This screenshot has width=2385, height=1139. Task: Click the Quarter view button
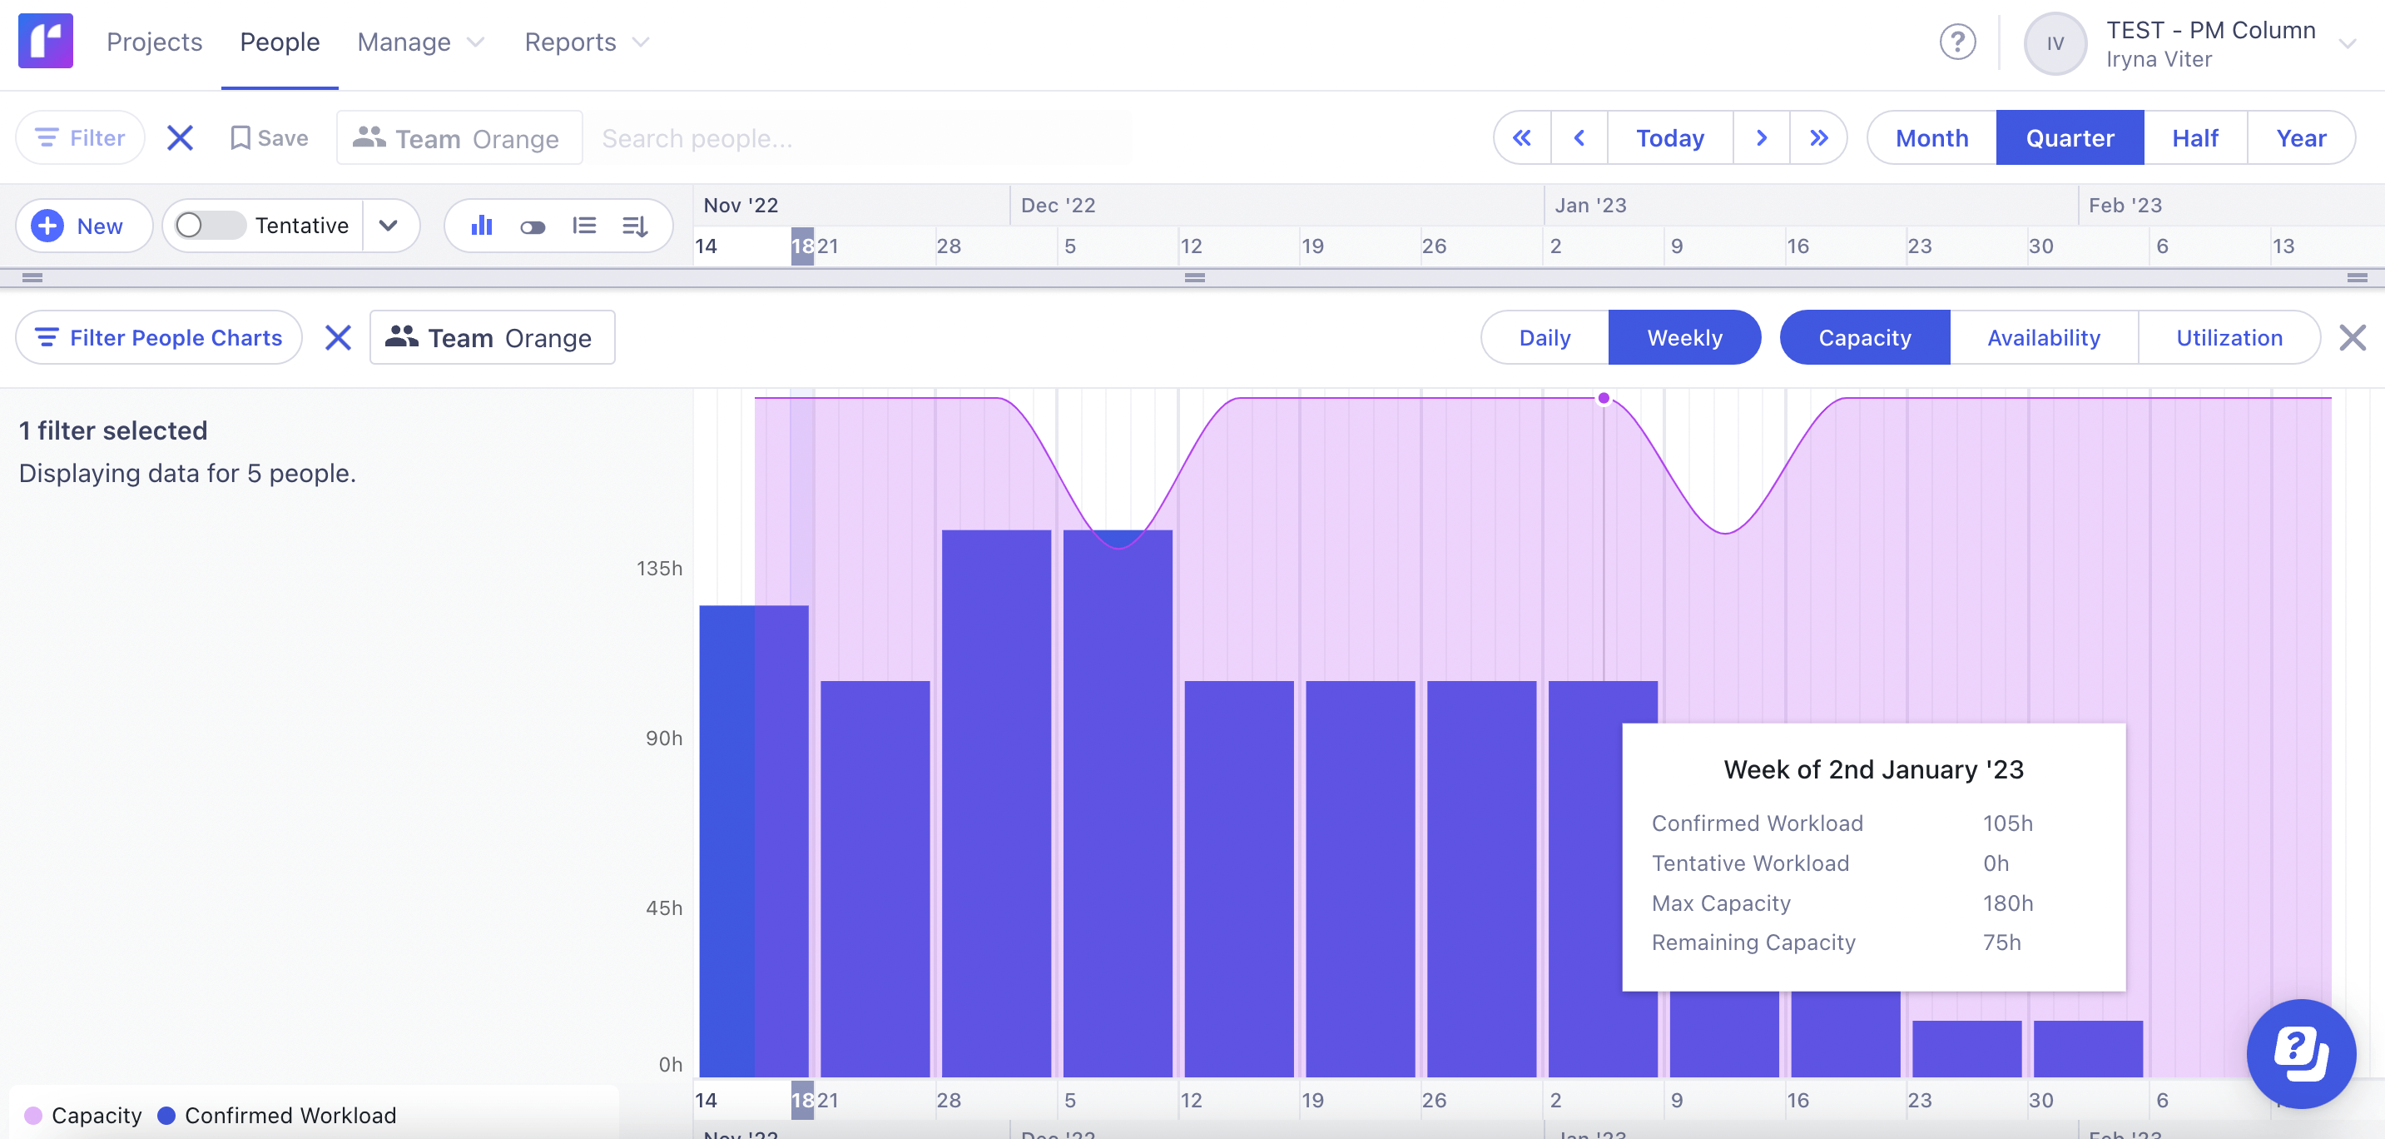pyautogui.click(x=2070, y=138)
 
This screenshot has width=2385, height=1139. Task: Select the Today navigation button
pyautogui.click(x=1669, y=138)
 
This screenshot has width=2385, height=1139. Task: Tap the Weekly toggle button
pyautogui.click(x=1684, y=338)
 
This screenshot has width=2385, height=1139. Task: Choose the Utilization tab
pyautogui.click(x=2229, y=338)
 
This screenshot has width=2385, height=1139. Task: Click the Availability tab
pyautogui.click(x=2043, y=338)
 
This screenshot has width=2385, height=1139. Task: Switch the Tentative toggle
pyautogui.click(x=209, y=226)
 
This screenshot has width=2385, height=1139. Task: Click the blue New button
pyautogui.click(x=83, y=226)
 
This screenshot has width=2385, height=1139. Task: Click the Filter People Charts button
pyautogui.click(x=158, y=338)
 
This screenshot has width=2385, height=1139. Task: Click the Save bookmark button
pyautogui.click(x=270, y=138)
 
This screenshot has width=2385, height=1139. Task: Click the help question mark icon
pyautogui.click(x=1957, y=42)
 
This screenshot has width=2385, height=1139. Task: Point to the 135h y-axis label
pyautogui.click(x=659, y=569)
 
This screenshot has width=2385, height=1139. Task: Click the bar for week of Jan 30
pyautogui.click(x=2088, y=1048)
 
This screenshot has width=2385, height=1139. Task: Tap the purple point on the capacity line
pyautogui.click(x=1604, y=398)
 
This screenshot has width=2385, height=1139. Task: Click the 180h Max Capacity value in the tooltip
pyautogui.click(x=2007, y=903)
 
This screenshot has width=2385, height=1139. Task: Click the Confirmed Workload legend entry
pyautogui.click(x=277, y=1115)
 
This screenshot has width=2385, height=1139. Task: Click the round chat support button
pyautogui.click(x=2300, y=1053)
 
